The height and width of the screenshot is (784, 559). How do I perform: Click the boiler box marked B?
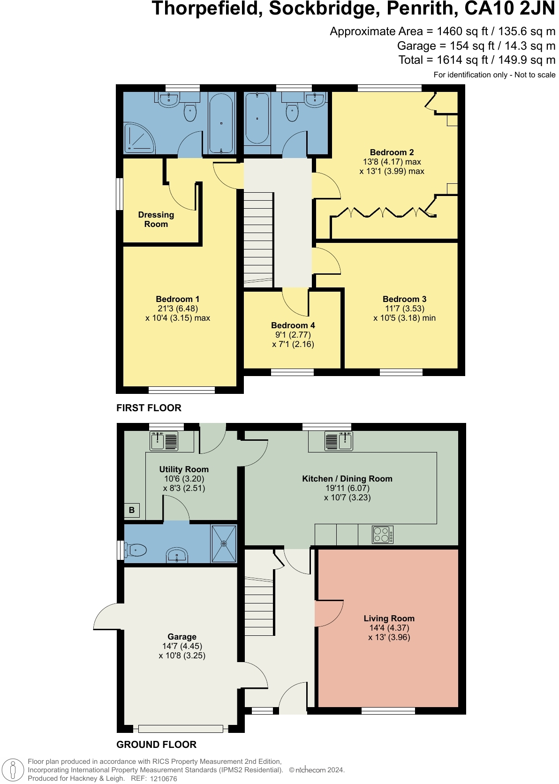pyautogui.click(x=132, y=510)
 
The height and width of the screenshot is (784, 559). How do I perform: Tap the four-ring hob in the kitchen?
pyautogui.click(x=382, y=535)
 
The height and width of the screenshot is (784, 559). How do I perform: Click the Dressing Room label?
pyautogui.click(x=156, y=219)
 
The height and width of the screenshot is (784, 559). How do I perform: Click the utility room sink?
pyautogui.click(x=164, y=441)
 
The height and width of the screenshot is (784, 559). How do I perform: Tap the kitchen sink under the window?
pyautogui.click(x=339, y=441)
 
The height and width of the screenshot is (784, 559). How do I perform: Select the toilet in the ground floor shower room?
pyautogui.click(x=136, y=550)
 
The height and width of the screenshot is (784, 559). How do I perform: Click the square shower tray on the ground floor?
pyautogui.click(x=224, y=543)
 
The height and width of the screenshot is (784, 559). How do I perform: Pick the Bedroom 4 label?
pyautogui.click(x=293, y=325)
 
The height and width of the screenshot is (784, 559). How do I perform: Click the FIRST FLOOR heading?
pyautogui.click(x=149, y=408)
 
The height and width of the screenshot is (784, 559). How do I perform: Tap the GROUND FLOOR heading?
pyautogui.click(x=157, y=745)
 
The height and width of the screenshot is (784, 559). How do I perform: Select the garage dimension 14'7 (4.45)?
pyautogui.click(x=182, y=646)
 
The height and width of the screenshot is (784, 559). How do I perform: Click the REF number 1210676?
pyautogui.click(x=164, y=778)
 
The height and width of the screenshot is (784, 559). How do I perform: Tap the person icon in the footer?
pyautogui.click(x=13, y=769)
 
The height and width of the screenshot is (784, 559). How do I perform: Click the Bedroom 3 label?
pyautogui.click(x=404, y=299)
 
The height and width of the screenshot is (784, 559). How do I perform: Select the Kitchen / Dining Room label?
pyautogui.click(x=347, y=478)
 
